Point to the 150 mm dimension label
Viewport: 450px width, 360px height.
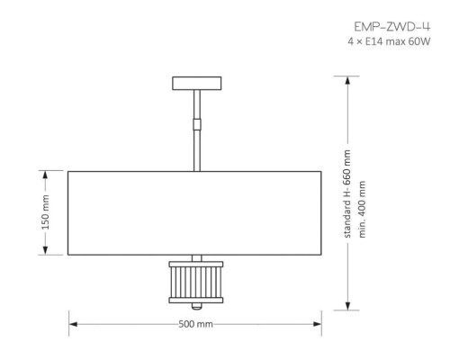pos(45,212)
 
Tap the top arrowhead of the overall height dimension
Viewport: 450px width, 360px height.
pos(348,82)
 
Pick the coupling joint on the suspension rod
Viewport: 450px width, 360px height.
pos(195,119)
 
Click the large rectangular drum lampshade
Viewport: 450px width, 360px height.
pos(195,212)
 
